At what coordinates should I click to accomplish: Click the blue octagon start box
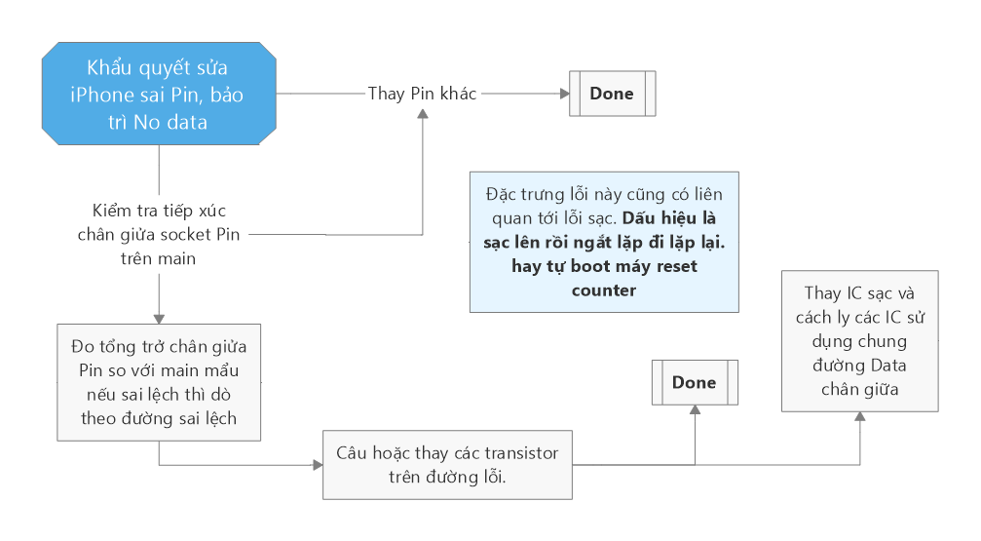pos(159,95)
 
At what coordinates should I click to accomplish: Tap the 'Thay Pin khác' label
pos(422,94)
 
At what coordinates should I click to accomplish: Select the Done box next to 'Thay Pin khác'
pos(612,94)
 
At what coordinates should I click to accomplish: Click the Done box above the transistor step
pos(694,382)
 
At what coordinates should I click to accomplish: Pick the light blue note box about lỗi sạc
pos(603,242)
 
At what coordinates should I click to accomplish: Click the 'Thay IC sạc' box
pos(859,340)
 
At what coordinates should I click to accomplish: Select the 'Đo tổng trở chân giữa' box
pos(158,381)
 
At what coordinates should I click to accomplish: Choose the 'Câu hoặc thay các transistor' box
pos(447,465)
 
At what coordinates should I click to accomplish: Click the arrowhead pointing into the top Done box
pos(562,94)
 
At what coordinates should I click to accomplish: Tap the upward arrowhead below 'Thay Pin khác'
pos(423,114)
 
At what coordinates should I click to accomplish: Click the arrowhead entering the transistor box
pos(317,465)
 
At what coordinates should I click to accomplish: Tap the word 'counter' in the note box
pos(604,290)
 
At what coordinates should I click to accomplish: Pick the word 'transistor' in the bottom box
pos(524,453)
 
